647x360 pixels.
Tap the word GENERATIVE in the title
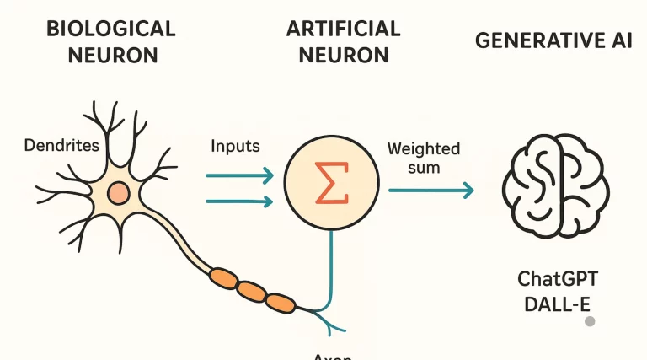(527, 41)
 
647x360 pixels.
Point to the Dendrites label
(61, 146)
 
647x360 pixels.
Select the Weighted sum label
(423, 158)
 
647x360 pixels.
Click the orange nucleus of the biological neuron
(120, 193)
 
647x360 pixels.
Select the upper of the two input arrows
(240, 175)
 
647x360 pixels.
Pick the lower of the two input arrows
(240, 201)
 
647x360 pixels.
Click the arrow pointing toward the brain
(430, 191)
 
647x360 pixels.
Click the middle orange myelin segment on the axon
(251, 290)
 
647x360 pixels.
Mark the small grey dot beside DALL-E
(591, 321)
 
